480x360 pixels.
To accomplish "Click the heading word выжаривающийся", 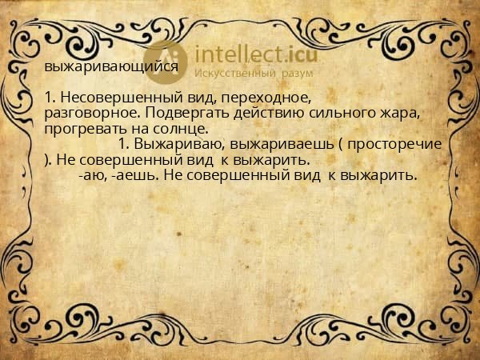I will click(111, 67).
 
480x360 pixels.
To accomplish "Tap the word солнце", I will click(184, 129).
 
